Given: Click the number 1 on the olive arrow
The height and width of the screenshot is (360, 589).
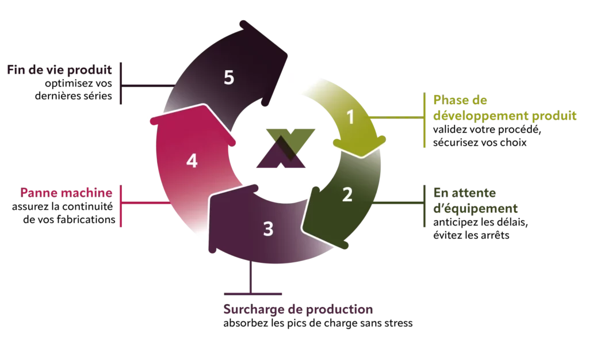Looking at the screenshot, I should pos(350,117).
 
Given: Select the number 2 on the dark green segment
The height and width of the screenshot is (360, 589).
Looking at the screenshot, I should pos(347,195).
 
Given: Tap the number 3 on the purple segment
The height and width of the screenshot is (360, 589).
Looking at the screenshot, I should pos(268,229).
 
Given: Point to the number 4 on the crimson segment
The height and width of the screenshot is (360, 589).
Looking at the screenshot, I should pos(192,161).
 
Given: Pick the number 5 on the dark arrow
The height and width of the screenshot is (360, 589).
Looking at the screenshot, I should pos(229,78).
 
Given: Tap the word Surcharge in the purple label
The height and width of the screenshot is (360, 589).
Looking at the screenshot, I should pos(248,311).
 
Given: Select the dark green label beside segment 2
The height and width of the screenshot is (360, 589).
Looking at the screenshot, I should pos(475,201).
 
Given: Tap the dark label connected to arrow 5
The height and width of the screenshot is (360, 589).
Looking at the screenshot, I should pos(58,71).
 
